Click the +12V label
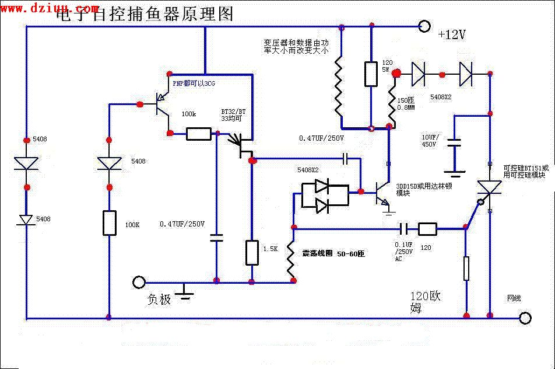click(452, 35)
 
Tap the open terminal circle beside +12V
click(424, 26)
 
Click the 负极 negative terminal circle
click(139, 283)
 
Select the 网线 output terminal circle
click(525, 318)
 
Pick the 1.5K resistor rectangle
click(252, 252)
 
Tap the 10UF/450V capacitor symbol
click(455, 142)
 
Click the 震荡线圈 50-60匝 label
click(333, 254)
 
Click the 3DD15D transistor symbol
click(382, 192)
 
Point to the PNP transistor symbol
click(160, 105)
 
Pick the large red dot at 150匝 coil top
click(396, 74)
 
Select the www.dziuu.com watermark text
click(50, 8)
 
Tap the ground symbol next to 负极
click(185, 292)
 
